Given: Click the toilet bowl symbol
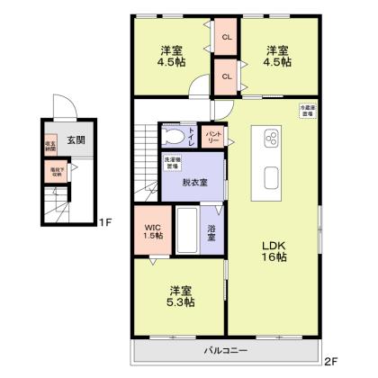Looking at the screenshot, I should pyautogui.click(x=173, y=138).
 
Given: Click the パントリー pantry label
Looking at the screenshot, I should pyautogui.click(x=213, y=138).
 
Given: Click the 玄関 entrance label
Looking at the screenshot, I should pyautogui.click(x=75, y=140).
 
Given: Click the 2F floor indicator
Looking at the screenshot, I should pyautogui.click(x=330, y=362).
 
